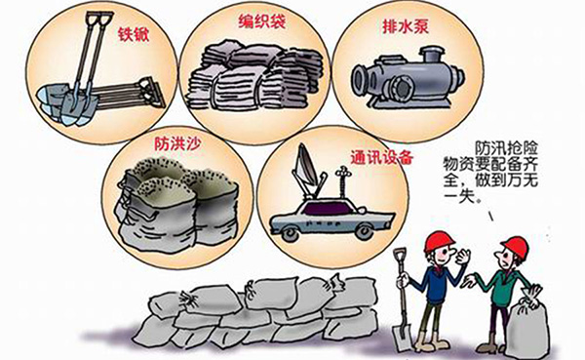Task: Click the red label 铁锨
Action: tap(134, 34)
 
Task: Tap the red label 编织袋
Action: tap(262, 21)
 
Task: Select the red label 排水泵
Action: tap(406, 26)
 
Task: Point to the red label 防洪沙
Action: tap(177, 143)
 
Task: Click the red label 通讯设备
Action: tap(381, 157)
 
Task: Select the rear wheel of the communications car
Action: tap(290, 234)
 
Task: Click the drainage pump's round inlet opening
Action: tap(360, 80)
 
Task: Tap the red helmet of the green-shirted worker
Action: tap(516, 246)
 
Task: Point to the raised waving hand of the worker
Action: tap(463, 257)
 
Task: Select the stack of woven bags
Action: tap(254, 77)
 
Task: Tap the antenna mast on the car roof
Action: tap(341, 184)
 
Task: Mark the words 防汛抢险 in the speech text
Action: tap(506, 148)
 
